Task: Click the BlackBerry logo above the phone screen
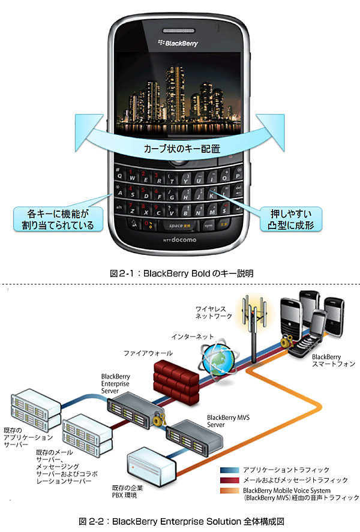point(178,43)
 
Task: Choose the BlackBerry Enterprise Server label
point(116,383)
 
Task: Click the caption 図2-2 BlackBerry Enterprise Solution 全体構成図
point(181,520)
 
